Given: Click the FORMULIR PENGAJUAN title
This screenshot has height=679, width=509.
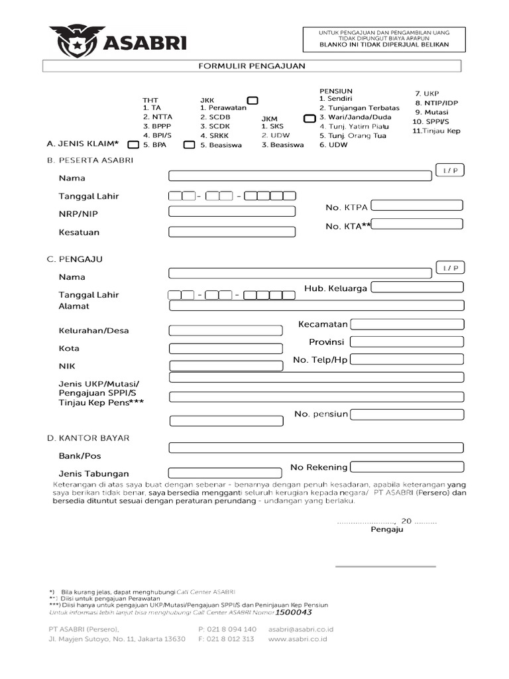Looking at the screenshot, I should [x=252, y=66].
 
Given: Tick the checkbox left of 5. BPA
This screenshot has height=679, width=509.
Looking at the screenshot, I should [x=133, y=144].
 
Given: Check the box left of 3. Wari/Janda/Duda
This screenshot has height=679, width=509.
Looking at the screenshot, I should [x=309, y=118].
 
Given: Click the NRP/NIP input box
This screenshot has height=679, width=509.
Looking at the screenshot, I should [x=231, y=212].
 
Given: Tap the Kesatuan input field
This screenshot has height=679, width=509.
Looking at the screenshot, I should [x=231, y=232].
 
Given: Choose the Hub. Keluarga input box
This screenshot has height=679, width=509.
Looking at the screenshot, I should [x=417, y=287].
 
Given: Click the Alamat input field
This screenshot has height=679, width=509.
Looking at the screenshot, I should [x=316, y=306].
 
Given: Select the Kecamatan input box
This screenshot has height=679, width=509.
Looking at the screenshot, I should [x=406, y=324].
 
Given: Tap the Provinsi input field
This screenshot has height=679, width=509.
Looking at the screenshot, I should [x=406, y=342].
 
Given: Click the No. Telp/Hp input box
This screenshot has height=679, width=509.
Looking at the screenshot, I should [x=406, y=359].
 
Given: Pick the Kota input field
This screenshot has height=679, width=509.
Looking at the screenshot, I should [x=225, y=349].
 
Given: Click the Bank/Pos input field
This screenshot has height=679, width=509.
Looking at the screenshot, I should [x=316, y=448].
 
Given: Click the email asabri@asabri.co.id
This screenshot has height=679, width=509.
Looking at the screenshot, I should [x=300, y=629].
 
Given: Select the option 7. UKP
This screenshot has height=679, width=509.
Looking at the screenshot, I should [x=427, y=93].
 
